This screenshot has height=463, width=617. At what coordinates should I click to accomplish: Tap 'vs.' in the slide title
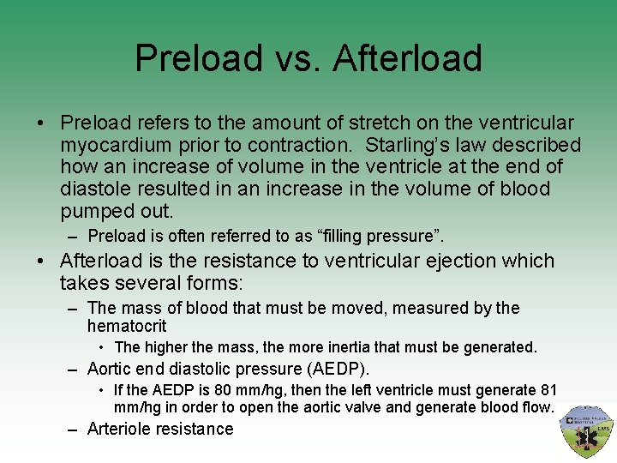[x=297, y=58]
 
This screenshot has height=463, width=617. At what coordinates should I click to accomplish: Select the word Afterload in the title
[x=407, y=58]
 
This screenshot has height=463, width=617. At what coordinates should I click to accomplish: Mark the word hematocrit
[x=127, y=326]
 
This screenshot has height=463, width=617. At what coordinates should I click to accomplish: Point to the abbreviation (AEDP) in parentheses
[x=338, y=369]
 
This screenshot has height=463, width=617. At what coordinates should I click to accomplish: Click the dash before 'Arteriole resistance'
[x=75, y=429]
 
